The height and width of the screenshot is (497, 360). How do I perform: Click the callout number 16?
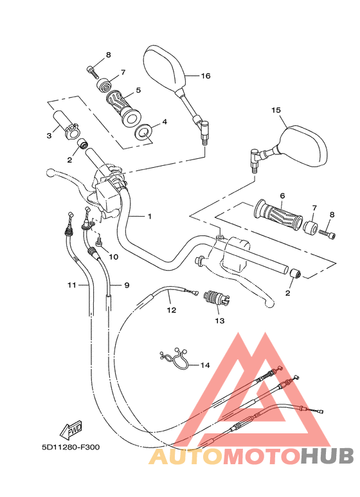pos(205,76)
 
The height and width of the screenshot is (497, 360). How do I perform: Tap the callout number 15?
pos(276,111)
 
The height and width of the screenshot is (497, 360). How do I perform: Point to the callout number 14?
pos(204,365)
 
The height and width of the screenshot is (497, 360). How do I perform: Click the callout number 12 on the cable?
pos(171,310)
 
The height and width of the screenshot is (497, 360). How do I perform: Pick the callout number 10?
pos(114,257)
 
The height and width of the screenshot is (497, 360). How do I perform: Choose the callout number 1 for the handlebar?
pos(149,217)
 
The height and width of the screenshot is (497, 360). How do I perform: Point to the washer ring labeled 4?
pos(143,133)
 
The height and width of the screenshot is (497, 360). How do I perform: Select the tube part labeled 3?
pos(67,125)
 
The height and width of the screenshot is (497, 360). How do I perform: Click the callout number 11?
pos(72,284)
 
